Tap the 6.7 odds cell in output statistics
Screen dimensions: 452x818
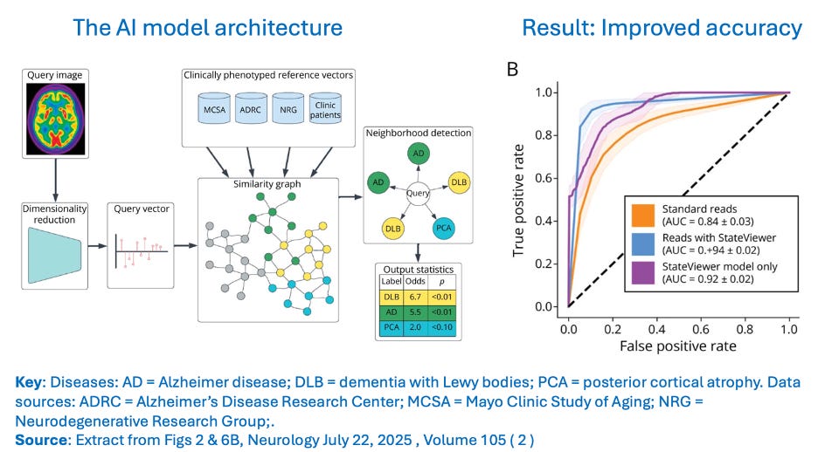pyautogui.click(x=418, y=295)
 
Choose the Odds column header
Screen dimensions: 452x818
pyautogui.click(x=418, y=279)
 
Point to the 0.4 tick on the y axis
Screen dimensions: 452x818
pyautogui.click(x=549, y=221)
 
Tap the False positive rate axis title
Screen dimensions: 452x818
pyautogui.click(x=678, y=346)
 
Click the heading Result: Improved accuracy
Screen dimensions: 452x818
pyautogui.click(x=661, y=28)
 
